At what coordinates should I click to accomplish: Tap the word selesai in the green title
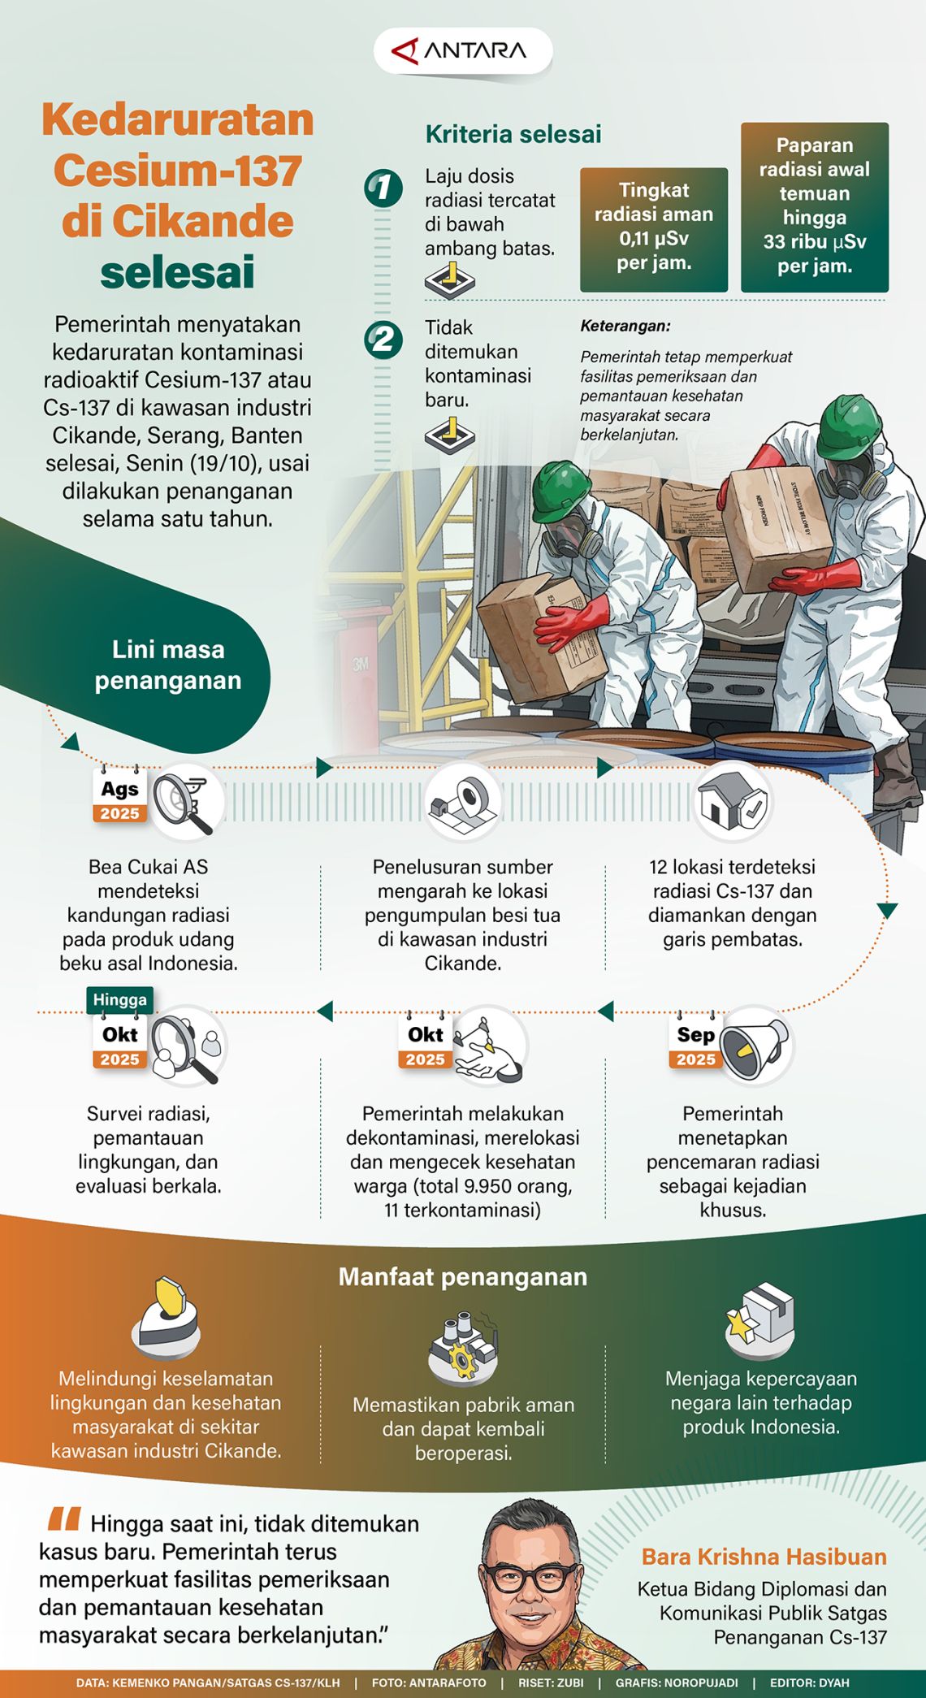point(178,271)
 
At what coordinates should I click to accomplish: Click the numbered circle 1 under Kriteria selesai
point(383,188)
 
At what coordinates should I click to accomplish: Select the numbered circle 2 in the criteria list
point(383,340)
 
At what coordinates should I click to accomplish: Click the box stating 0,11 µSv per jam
point(654,230)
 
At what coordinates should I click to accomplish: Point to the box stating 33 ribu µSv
point(815,207)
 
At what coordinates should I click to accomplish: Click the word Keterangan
point(625,326)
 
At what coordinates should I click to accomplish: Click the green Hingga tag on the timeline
point(119,1000)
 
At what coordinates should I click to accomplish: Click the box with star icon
point(759,1321)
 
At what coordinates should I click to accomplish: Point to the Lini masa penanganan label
point(168,665)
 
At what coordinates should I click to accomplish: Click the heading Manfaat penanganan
point(463,1276)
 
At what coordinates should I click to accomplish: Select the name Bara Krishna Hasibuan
point(764,1557)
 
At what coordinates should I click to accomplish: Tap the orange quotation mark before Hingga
point(63,1518)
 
